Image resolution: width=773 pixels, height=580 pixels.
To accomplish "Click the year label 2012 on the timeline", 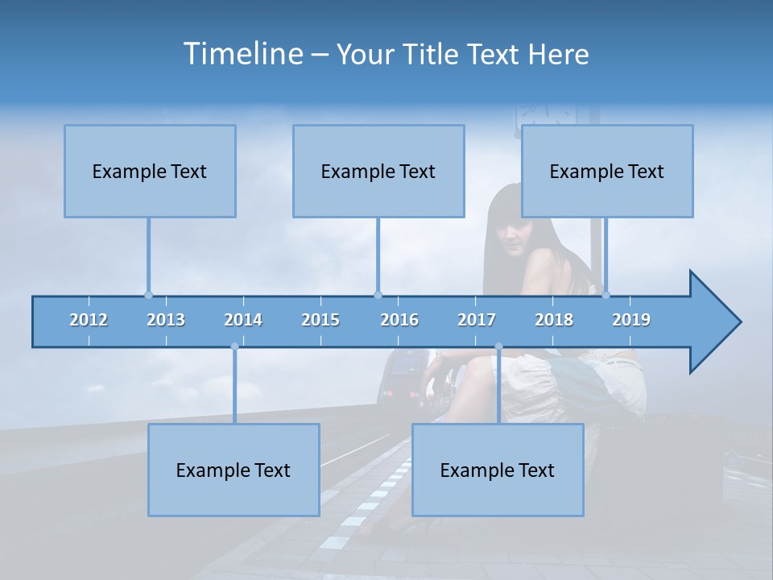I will pyautogui.click(x=89, y=320).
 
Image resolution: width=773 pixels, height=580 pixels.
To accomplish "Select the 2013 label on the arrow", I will pyautogui.click(x=166, y=320).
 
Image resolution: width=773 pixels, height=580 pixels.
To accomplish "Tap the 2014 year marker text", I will pyautogui.click(x=243, y=320).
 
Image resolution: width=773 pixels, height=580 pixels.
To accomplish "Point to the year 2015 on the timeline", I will pyautogui.click(x=320, y=320).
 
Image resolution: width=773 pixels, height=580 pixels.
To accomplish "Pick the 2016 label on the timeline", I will pyautogui.click(x=399, y=320).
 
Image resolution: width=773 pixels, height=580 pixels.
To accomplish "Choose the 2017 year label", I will pyautogui.click(x=477, y=320).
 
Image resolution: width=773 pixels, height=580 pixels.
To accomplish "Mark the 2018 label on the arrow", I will pyautogui.click(x=554, y=320).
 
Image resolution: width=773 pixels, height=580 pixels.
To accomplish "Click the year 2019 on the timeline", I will pyautogui.click(x=631, y=320).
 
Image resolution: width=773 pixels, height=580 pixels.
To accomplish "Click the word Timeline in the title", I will pyautogui.click(x=242, y=54).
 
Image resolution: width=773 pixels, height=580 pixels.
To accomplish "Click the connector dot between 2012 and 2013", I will pyautogui.click(x=148, y=295).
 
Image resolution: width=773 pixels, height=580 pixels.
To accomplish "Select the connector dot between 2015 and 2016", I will pyautogui.click(x=378, y=295).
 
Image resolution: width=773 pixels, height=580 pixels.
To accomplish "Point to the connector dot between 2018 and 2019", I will pyautogui.click(x=606, y=295).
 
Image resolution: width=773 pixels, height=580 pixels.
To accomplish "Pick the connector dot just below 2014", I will pyautogui.click(x=234, y=346).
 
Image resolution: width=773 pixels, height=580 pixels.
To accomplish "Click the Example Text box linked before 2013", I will pyautogui.click(x=150, y=171).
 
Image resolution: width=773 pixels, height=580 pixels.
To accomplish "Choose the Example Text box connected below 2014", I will pyautogui.click(x=234, y=470).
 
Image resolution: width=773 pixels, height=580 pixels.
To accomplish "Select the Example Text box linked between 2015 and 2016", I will pyautogui.click(x=378, y=171).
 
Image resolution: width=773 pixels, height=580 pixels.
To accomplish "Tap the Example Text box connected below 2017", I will pyautogui.click(x=498, y=470).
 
